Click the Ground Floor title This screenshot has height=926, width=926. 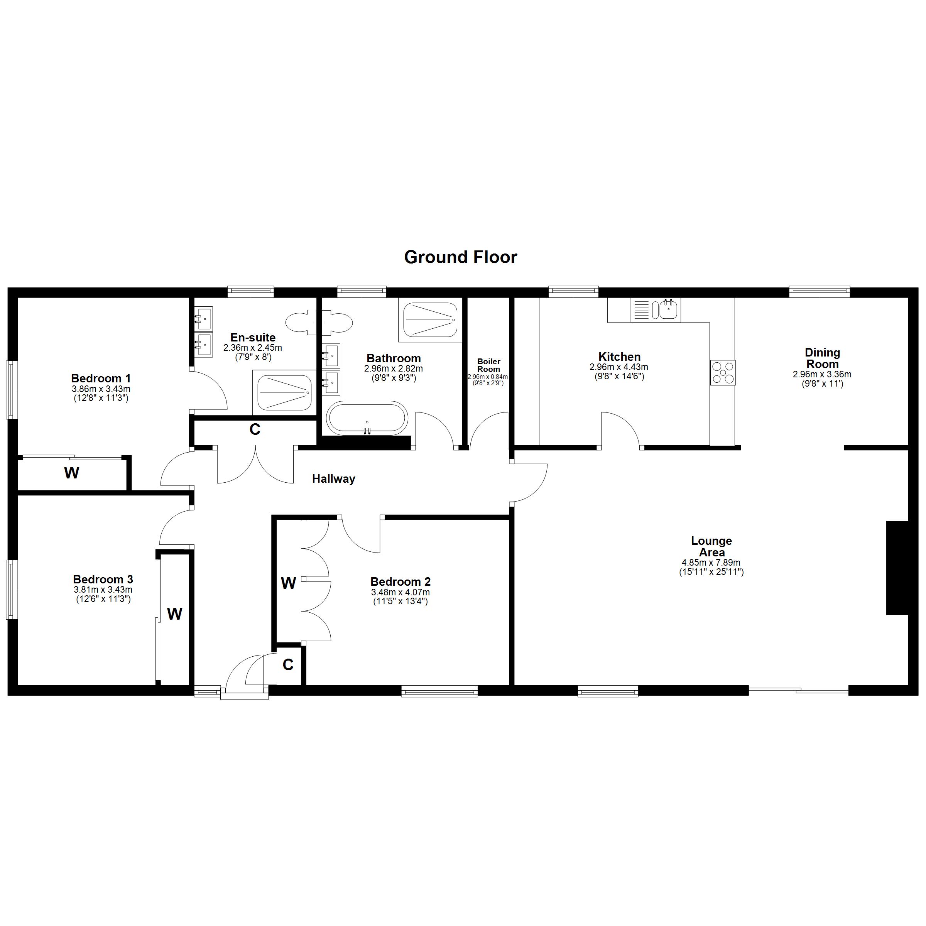coord(460,257)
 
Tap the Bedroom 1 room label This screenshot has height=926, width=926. coord(101,379)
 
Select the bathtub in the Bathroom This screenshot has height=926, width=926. coord(367,418)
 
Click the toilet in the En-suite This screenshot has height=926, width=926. coord(319,322)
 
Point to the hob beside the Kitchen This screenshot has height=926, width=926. coord(723,372)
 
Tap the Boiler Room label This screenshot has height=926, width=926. coord(488,365)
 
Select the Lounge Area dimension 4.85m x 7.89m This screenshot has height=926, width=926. coord(711,563)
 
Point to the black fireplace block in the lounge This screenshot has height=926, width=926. coord(897,568)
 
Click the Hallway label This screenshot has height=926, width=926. coord(334,479)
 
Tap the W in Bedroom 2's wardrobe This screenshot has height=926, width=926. coord(288,583)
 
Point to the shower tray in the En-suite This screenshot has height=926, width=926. coord(284,393)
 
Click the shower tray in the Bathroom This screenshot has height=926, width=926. coord(430,320)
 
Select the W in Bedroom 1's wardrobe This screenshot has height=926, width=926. coord(71,473)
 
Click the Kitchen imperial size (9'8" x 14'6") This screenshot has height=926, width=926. coord(619,376)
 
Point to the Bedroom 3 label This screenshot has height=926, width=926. coord(103,580)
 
